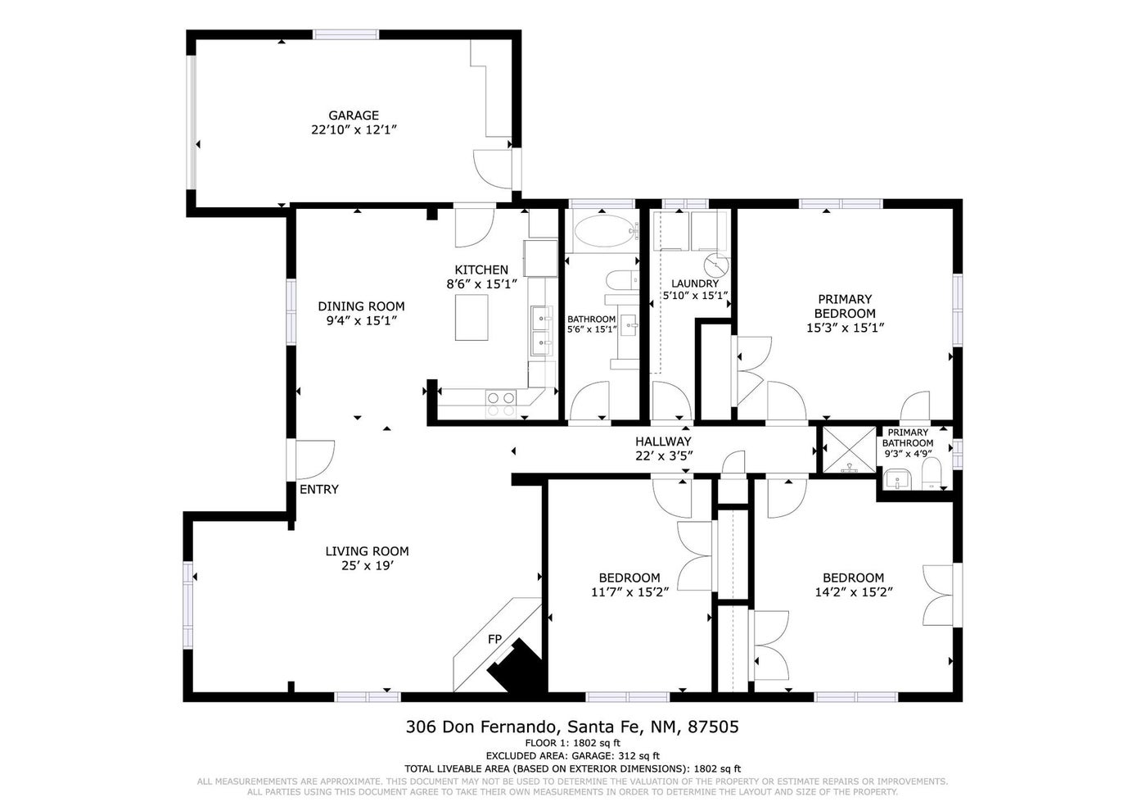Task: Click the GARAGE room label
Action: (x=354, y=116)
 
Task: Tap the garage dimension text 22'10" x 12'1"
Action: (x=354, y=130)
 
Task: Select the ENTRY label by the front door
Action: (x=319, y=490)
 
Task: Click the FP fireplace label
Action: (x=494, y=639)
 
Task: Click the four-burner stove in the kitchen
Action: (x=501, y=403)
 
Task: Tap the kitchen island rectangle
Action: (x=471, y=318)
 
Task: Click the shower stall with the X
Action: (x=849, y=450)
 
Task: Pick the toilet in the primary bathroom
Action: (x=931, y=474)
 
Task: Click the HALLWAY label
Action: (x=663, y=442)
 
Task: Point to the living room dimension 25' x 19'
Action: (x=367, y=566)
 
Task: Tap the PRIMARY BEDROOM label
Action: (x=845, y=306)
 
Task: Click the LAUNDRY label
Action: (x=695, y=283)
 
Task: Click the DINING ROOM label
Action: (x=361, y=306)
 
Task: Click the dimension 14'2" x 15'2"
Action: (x=853, y=592)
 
